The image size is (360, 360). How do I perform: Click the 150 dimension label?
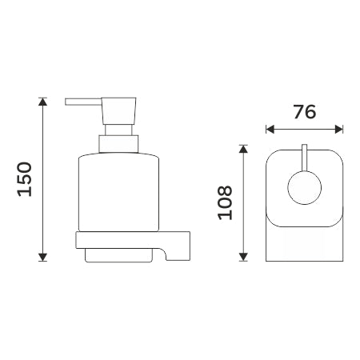25,179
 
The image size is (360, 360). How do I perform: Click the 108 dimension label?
226,203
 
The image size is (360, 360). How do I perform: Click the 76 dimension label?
305,112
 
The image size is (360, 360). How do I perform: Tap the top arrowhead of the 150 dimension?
42,102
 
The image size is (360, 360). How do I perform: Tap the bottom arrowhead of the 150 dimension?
42,257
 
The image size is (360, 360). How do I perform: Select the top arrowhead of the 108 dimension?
243,149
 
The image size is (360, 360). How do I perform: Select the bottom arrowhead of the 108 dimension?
243,257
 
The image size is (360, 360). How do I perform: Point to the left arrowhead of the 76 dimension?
270,130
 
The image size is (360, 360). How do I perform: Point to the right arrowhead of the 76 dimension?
339,130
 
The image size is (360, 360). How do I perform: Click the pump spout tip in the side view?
66,102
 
